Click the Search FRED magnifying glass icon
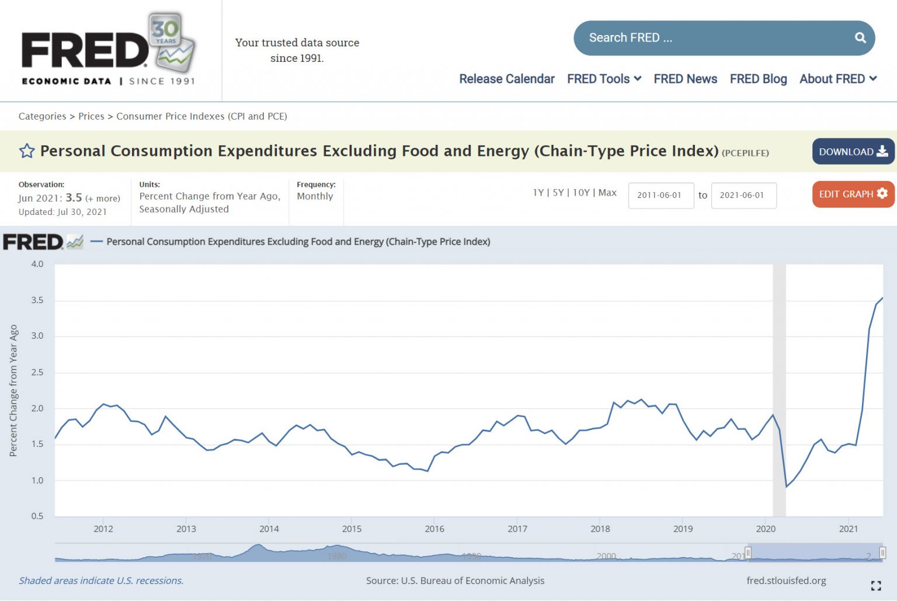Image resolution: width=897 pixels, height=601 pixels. pos(860,38)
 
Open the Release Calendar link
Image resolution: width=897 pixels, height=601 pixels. pos(506,79)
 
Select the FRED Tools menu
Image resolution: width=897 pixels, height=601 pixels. pos(604,79)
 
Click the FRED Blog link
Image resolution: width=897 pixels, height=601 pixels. pos(758,79)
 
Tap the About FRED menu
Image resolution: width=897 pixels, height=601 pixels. pos(837,79)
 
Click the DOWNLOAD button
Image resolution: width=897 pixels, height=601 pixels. pos(853,152)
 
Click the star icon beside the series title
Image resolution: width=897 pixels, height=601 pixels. pos(27,151)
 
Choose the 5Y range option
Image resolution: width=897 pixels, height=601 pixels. pos(558,193)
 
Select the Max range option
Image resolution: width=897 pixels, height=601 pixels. pos(607,193)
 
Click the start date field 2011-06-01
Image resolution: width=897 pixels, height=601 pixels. pos(660,196)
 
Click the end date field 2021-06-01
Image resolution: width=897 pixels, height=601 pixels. pos(743,196)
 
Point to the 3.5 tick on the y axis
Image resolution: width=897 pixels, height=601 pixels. pos(37,300)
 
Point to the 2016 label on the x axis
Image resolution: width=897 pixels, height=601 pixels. pos(434,529)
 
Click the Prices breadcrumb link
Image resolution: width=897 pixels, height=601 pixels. pos(91,116)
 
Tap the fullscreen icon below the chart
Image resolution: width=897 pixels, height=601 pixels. pos(875,585)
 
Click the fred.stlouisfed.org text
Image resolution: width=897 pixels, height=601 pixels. pos(786,581)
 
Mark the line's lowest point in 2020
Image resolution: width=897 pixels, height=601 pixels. pos(786,487)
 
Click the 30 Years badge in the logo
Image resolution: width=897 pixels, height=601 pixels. pos(166,29)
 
